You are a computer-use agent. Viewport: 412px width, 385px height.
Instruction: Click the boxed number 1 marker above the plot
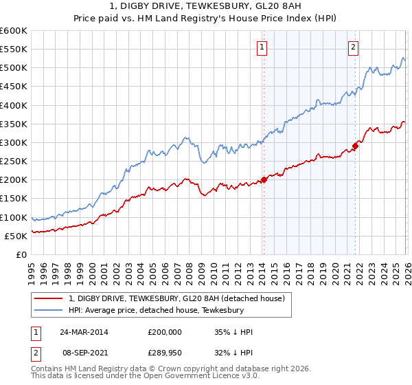click(263, 47)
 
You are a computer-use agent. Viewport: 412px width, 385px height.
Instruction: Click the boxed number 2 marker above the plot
click(353, 47)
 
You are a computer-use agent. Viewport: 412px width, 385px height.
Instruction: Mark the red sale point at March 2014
click(264, 180)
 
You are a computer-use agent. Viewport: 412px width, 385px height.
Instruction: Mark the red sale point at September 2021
click(356, 146)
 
